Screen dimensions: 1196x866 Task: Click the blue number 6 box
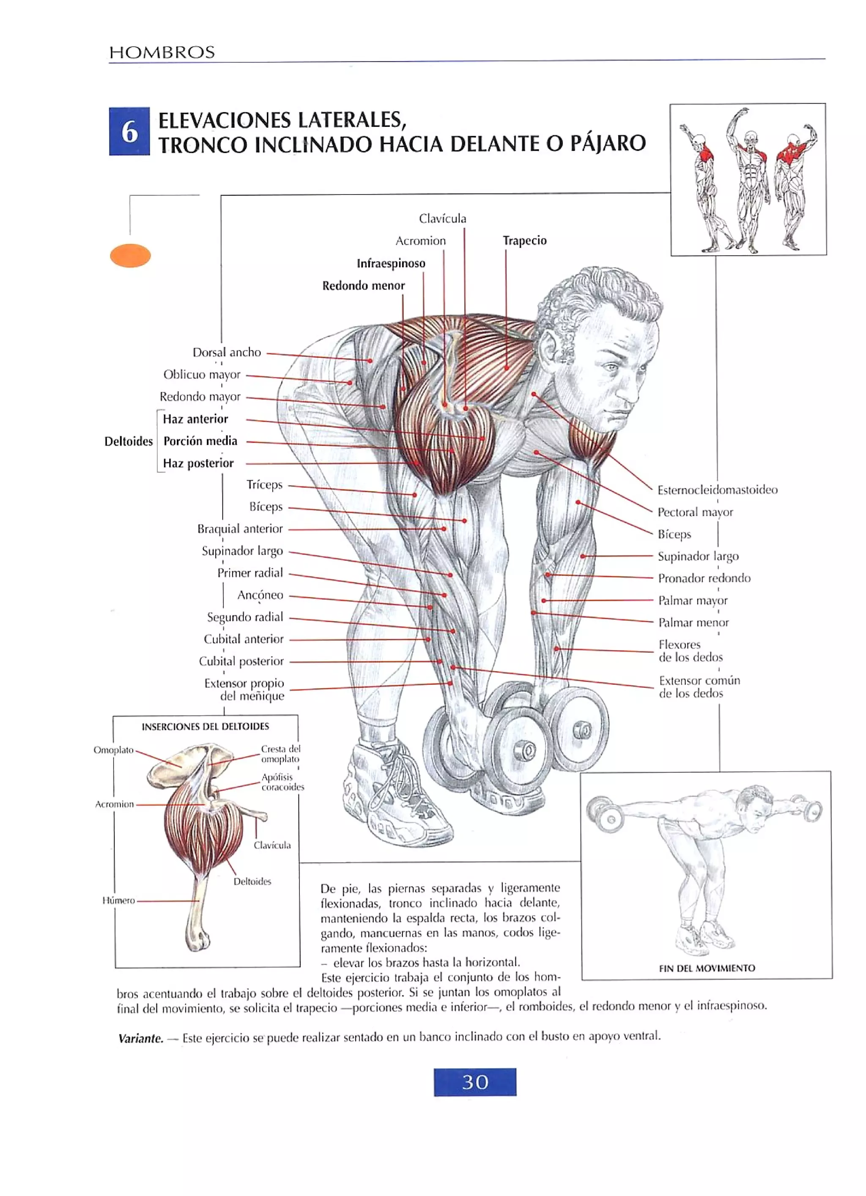[x=129, y=131]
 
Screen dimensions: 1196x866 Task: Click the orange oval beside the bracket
[x=130, y=256]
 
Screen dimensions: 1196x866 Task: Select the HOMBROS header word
[x=162, y=52]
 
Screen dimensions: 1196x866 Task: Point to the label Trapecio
[x=524, y=241]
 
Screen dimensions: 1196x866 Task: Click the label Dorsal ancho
[x=226, y=352]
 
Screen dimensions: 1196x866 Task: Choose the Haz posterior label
[x=198, y=463]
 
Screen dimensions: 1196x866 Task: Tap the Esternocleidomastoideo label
[x=717, y=490]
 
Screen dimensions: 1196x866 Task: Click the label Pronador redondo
[x=704, y=578]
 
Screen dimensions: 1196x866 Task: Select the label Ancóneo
[x=260, y=595]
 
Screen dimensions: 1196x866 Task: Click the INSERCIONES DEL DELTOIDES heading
[x=205, y=726]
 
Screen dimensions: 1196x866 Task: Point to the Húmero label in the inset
[x=119, y=900]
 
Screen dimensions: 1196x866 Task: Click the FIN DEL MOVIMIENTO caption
[x=707, y=968]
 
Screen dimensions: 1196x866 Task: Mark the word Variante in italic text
[x=140, y=1038]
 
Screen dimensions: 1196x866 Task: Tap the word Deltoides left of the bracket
[x=128, y=441]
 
